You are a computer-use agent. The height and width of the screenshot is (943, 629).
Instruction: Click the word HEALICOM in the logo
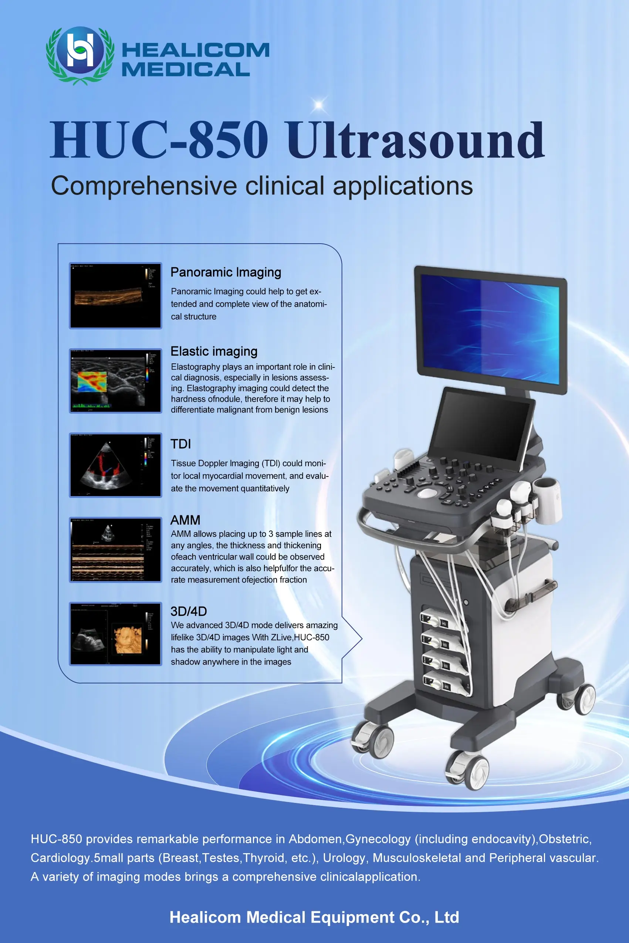click(195, 51)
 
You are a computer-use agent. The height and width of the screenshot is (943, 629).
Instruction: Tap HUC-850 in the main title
click(159, 139)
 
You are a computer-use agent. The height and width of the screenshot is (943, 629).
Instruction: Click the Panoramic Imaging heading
click(226, 272)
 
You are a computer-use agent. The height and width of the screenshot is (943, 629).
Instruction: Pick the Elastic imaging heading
click(214, 351)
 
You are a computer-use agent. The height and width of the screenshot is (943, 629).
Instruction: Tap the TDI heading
click(180, 444)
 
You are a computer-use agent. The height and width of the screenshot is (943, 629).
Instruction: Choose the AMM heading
click(185, 520)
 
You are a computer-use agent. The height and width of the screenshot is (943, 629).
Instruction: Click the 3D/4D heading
click(189, 611)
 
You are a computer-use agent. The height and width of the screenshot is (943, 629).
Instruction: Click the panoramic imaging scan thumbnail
click(115, 296)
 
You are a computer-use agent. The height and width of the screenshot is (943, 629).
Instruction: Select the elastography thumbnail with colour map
click(115, 381)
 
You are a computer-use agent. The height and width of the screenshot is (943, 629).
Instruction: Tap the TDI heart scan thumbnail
click(115, 465)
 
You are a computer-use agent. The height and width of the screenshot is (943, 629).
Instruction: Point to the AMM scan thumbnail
click(115, 550)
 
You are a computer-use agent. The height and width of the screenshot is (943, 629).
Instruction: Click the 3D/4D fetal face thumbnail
click(115, 634)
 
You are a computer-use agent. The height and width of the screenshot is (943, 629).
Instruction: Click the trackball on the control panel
click(428, 492)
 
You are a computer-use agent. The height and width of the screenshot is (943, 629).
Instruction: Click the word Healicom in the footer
click(205, 917)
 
